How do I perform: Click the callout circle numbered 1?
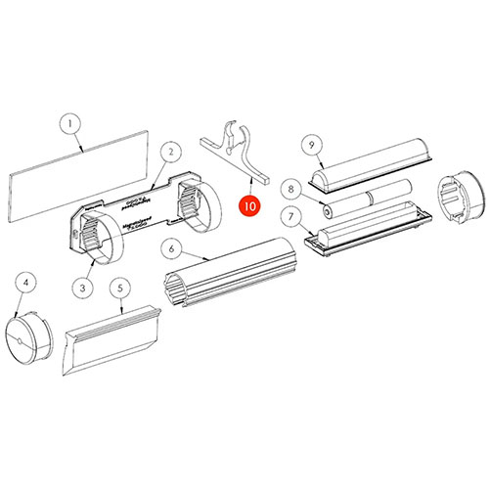click(x=69, y=124)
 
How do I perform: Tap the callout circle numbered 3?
click(x=82, y=287)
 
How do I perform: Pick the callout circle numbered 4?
click(x=28, y=283)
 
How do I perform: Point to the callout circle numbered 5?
click(x=119, y=289)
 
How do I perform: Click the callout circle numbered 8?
click(x=289, y=187)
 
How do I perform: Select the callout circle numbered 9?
click(x=311, y=144)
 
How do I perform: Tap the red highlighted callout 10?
click(x=249, y=207)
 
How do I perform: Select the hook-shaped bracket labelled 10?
click(x=235, y=151)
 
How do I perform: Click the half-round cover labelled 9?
click(x=371, y=164)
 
